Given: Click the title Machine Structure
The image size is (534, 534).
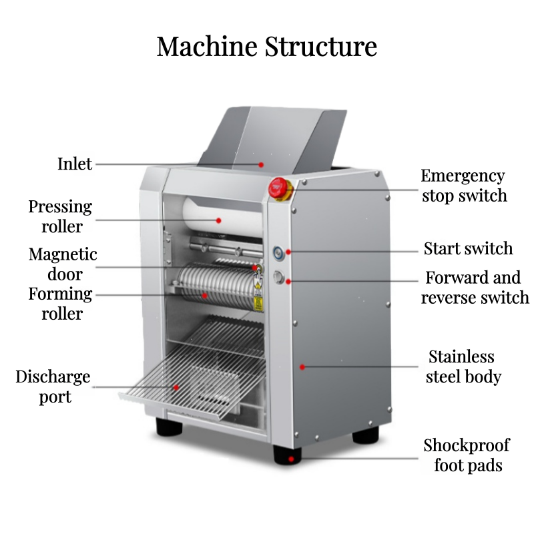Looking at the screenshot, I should click(x=267, y=47).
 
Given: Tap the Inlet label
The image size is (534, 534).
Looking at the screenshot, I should click(x=75, y=164).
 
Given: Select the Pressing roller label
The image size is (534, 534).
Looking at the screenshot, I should click(x=60, y=216).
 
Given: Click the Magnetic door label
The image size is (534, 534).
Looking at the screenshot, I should click(x=63, y=264).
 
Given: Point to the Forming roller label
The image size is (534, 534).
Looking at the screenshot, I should click(x=60, y=304).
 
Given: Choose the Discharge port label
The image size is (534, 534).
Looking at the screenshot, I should click(x=53, y=386).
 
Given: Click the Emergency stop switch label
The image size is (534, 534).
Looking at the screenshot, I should click(x=463, y=186).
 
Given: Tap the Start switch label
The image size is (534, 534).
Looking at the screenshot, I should click(x=468, y=249).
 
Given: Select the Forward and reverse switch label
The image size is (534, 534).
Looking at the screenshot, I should click(x=475, y=287).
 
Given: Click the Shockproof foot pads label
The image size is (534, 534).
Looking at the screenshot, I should click(x=467, y=455).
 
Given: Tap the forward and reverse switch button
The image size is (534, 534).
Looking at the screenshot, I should click(x=279, y=279).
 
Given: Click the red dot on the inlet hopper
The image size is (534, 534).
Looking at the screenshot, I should click(x=262, y=164).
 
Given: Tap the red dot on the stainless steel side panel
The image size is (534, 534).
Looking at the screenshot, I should click(x=302, y=366).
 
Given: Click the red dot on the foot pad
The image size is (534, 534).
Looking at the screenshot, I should click(x=291, y=459).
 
